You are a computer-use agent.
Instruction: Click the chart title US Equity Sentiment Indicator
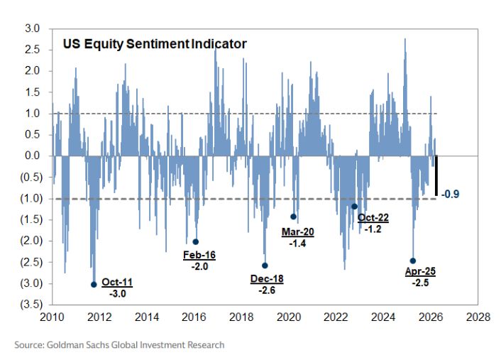(154, 44)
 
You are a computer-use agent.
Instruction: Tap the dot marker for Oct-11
(94, 285)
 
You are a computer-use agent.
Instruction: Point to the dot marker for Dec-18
(265, 266)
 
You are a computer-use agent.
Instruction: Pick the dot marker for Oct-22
(354, 207)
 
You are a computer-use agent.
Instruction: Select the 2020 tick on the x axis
(289, 317)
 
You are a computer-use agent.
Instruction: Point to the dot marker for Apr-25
(412, 261)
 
